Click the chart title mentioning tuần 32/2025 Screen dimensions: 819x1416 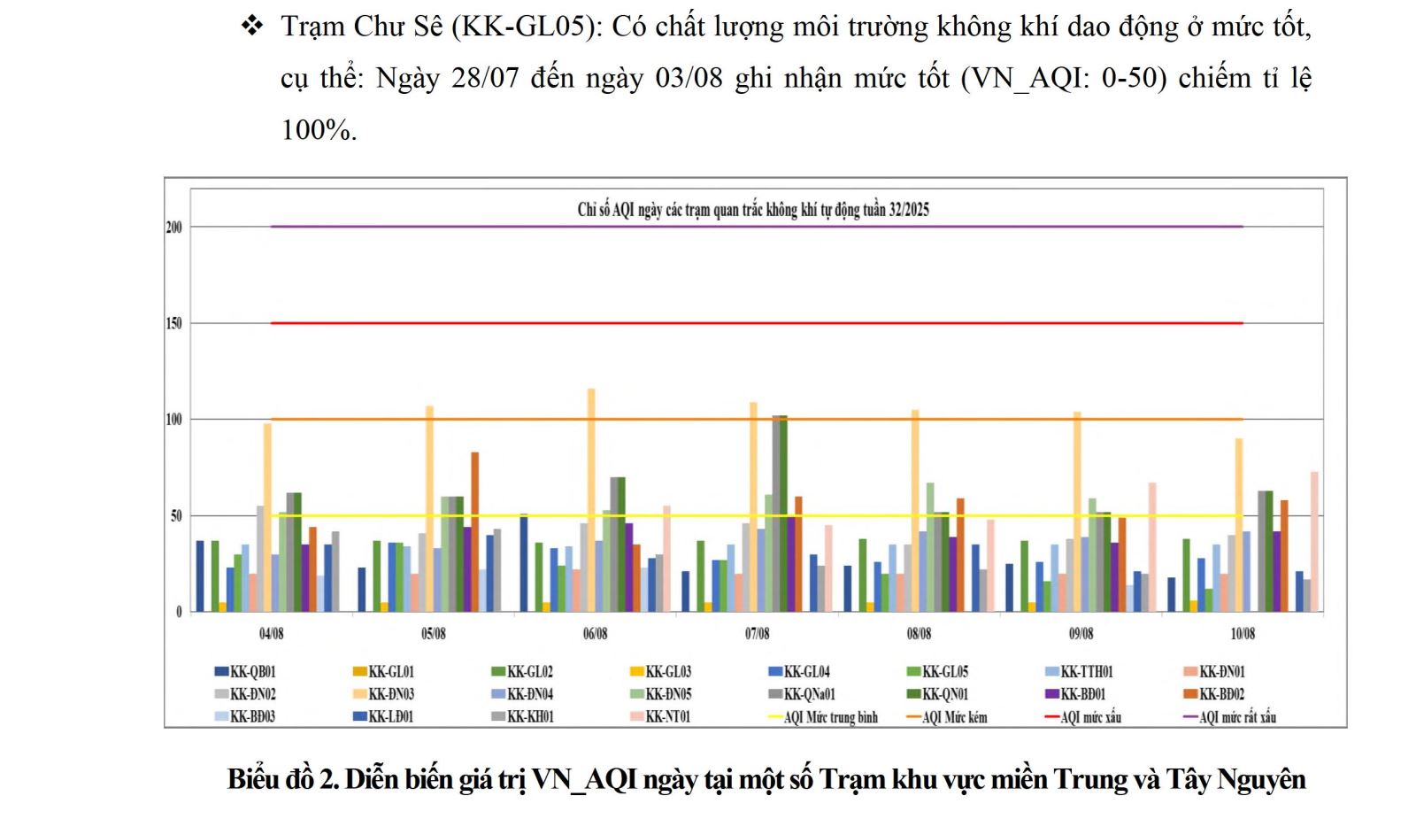pos(753,210)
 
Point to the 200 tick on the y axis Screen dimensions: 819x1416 pos(173,228)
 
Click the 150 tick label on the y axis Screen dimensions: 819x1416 pos(173,323)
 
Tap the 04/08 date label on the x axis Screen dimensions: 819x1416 pos(272,634)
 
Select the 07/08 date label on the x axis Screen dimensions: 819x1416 pos(757,634)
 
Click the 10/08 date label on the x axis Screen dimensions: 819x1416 pos(1243,634)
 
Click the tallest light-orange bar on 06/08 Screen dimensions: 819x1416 pos(591,500)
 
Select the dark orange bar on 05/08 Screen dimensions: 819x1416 pos(475,531)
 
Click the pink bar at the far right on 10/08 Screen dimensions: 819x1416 pos(1314,542)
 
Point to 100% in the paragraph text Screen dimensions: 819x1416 pos(318,130)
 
